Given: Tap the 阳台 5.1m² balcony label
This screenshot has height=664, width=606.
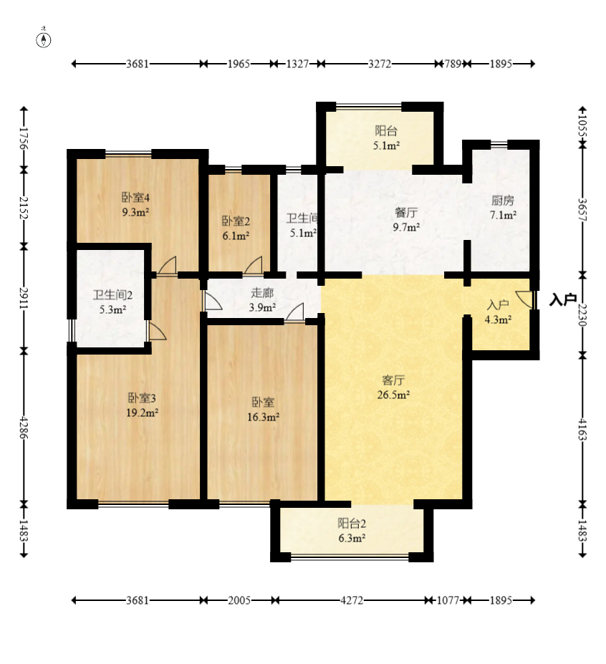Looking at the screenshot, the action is (386, 138).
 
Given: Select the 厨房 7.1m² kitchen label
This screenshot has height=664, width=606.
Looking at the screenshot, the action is (503, 208).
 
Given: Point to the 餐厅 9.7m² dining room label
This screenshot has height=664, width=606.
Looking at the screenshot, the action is (406, 220).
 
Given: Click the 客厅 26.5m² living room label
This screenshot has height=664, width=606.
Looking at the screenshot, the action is (393, 387).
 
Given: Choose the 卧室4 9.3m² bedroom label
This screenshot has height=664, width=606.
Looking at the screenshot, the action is (135, 205).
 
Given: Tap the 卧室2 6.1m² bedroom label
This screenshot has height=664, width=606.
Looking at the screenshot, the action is (236, 228).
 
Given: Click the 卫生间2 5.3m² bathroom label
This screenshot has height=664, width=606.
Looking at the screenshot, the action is (112, 302).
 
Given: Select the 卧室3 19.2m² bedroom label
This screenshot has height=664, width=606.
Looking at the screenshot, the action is (143, 405).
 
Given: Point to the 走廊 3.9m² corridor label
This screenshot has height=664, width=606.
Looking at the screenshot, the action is (263, 300).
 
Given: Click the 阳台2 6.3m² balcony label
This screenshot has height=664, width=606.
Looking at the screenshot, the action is (352, 531).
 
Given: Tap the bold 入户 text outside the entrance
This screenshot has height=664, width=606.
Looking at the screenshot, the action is (563, 299).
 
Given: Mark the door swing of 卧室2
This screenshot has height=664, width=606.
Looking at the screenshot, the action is (254, 265).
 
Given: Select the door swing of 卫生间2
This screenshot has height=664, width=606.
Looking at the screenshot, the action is (156, 331).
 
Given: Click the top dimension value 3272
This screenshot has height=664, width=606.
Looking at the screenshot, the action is (380, 64).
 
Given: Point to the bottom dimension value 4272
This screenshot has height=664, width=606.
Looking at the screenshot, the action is (352, 600).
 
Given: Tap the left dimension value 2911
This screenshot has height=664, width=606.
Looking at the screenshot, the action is (24, 299).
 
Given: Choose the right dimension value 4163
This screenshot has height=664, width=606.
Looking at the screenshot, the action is (582, 430).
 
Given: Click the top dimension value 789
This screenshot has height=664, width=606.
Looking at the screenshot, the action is (453, 64).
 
